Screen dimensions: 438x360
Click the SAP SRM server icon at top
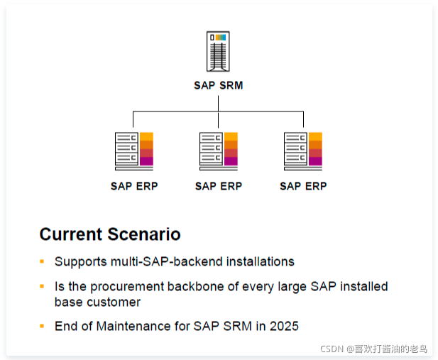coord(218,51)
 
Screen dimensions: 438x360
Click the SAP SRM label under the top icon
coord(218,85)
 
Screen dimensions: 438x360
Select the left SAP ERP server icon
coord(134,151)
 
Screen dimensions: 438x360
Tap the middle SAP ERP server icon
coord(219,151)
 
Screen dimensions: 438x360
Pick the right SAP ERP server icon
coord(303,151)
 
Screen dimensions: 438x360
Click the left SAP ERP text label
coord(134,186)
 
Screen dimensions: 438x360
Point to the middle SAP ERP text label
coord(219,186)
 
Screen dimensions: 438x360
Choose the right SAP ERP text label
coord(303,186)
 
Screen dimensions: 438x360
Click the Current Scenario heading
coord(110,234)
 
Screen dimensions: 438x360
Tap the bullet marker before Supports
coord(42,261)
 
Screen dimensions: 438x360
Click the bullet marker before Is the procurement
coord(42,286)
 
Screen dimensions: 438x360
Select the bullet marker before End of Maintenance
coord(42,326)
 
